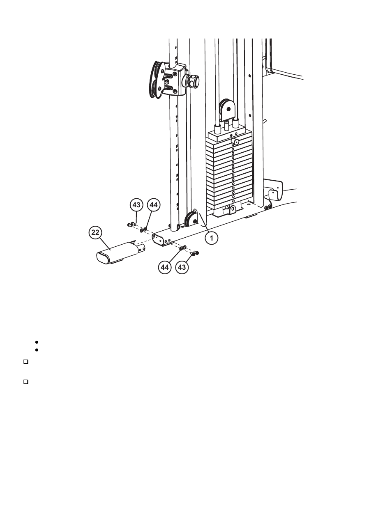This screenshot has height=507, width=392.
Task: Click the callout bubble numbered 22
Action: tap(95, 233)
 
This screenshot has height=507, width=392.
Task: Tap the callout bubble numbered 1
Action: tap(212, 238)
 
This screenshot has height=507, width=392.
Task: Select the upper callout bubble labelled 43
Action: tap(136, 204)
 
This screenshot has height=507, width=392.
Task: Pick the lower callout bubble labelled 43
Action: tap(181, 267)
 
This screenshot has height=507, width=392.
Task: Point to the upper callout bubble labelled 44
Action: tap(152, 204)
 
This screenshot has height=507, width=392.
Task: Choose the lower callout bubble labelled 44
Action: tap(165, 267)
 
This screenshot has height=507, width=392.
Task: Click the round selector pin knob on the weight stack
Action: tap(235, 141)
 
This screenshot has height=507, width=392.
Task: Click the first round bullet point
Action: tap(37, 342)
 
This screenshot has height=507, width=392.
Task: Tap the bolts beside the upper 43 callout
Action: tap(131, 224)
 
